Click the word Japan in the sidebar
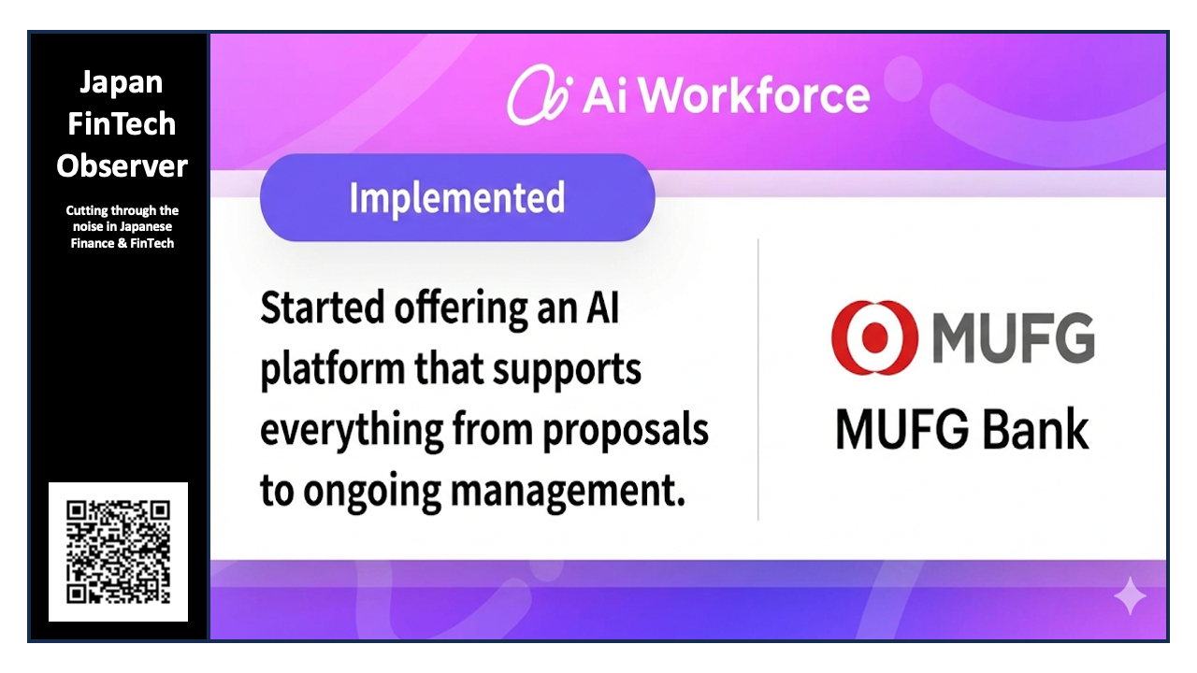[122, 82]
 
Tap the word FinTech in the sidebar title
[122, 123]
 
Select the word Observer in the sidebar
[122, 165]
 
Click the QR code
[119, 551]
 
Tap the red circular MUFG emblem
[874, 337]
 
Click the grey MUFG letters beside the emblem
[1013, 337]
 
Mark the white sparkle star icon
[1130, 595]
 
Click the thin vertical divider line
[757, 379]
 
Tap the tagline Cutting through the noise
[122, 227]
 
